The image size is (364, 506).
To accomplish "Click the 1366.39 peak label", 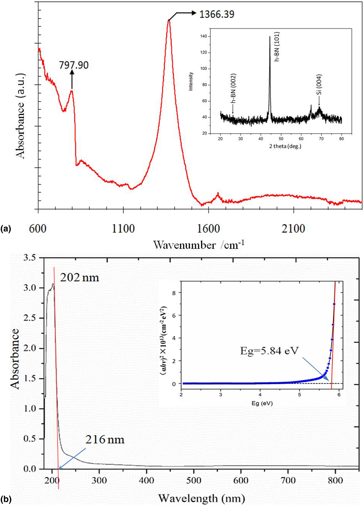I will (217, 14).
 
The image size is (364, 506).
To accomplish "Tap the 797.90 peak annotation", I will (74, 65).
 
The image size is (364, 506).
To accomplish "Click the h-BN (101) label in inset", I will (277, 47).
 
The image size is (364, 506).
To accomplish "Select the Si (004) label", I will (319, 85).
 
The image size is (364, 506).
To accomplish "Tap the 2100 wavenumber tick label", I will (293, 229).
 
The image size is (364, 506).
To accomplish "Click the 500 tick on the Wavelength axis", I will (194, 480).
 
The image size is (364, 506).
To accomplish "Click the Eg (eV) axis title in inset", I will (262, 403).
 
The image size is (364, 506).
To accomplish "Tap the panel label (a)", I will (6, 229).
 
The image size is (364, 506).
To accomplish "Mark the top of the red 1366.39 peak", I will (169, 20).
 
